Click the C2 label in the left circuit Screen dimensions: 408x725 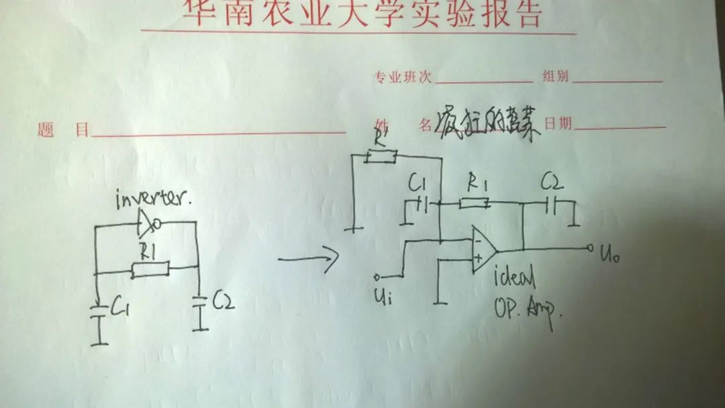(x=224, y=303)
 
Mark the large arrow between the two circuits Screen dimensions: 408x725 (x=307, y=259)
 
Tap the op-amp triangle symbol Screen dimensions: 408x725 (x=483, y=249)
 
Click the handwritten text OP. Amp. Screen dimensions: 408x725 (x=527, y=311)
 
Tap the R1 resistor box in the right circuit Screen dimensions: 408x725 (x=474, y=201)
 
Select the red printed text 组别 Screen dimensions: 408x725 (x=554, y=76)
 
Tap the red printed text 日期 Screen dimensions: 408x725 (x=557, y=123)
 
